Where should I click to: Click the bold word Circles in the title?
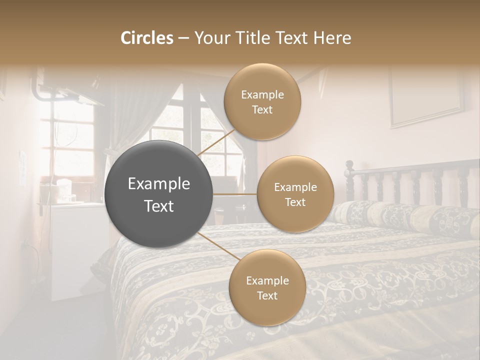tap(146, 38)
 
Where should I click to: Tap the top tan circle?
tap(262, 102)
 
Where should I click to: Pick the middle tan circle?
tap(295, 194)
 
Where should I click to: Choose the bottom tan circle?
tap(267, 287)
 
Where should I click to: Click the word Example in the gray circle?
tap(159, 184)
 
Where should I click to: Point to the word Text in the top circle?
tap(262, 110)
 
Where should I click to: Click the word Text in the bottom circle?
tap(267, 295)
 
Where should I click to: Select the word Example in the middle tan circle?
tap(295, 187)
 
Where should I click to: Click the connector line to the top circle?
tap(215, 142)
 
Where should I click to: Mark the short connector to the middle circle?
tap(235, 194)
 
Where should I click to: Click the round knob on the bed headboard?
tap(349, 165)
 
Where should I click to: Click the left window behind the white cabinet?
tap(67, 140)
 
